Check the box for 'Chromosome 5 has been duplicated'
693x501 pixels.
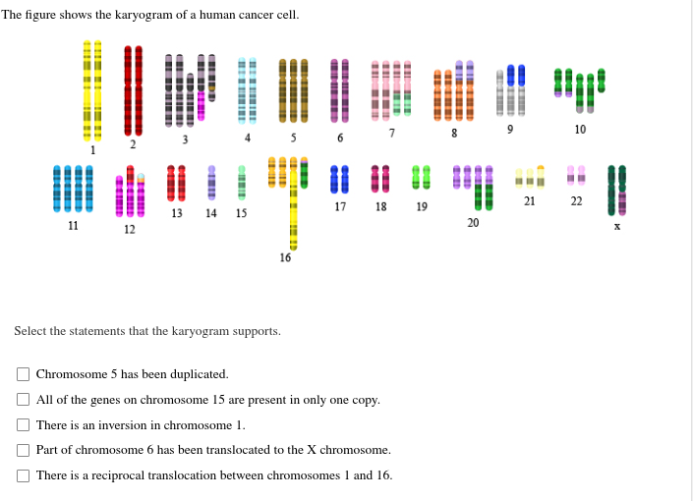click(23, 374)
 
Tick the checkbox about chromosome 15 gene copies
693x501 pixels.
click(23, 400)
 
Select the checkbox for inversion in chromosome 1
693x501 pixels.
click(23, 425)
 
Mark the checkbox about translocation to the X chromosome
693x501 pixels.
click(23, 450)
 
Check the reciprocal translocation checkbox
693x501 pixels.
click(23, 475)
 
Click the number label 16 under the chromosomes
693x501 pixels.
click(285, 258)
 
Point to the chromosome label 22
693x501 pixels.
click(576, 201)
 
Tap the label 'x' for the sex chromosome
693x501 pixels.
click(617, 225)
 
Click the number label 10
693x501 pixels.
click(580, 130)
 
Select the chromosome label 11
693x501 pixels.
click(73, 225)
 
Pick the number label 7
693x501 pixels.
click(391, 133)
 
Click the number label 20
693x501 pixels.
click(473, 223)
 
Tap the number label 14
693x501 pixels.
click(211, 213)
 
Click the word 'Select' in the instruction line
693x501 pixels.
click(31, 331)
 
